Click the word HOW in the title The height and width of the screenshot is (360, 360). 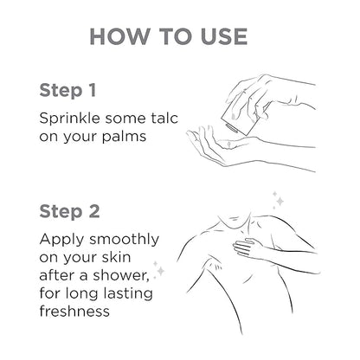[x=119, y=36]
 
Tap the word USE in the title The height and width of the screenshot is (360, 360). [x=224, y=36]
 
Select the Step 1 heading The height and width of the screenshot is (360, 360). [x=67, y=91]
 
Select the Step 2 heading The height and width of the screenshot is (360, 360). [x=69, y=211]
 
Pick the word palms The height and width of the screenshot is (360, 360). [x=124, y=136]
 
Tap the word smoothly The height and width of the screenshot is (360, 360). [x=124, y=240]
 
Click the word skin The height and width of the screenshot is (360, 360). [x=117, y=257]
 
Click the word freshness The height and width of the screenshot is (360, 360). [x=74, y=311]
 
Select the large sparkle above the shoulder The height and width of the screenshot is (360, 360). [x=280, y=201]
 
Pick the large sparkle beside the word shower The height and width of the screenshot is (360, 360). [x=160, y=271]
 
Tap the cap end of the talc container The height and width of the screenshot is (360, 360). [x=231, y=128]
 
